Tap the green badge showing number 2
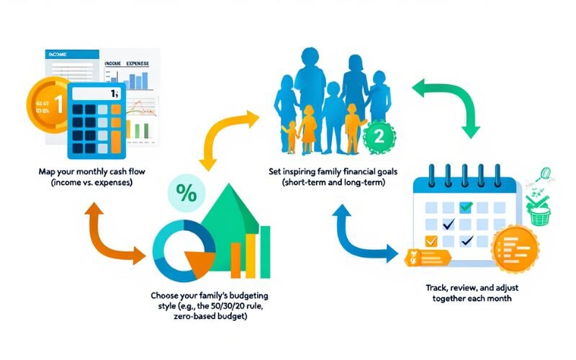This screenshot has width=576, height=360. [x=379, y=137]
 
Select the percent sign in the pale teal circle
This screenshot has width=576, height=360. [x=186, y=194]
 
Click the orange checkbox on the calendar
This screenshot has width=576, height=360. [x=432, y=240]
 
